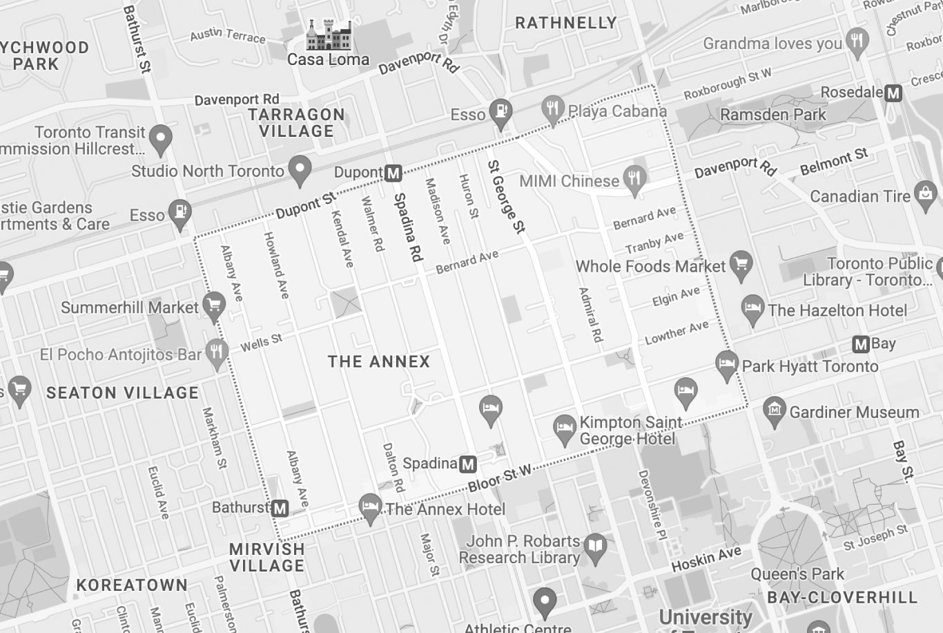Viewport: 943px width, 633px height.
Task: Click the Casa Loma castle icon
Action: pyautogui.click(x=329, y=35)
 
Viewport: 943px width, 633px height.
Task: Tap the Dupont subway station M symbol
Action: pyautogui.click(x=393, y=173)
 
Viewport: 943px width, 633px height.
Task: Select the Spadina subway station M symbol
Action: pyautogui.click(x=468, y=464)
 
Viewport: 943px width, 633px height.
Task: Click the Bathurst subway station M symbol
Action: pyautogui.click(x=280, y=509)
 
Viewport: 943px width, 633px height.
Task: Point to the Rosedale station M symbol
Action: pyautogui.click(x=893, y=93)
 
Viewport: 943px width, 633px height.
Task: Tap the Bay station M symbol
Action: pyautogui.click(x=860, y=344)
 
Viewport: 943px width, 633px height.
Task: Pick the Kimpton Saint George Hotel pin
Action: pyautogui.click(x=565, y=428)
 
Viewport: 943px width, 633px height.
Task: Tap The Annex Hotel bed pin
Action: pyautogui.click(x=371, y=508)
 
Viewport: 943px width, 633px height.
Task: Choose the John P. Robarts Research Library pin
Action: pyautogui.click(x=594, y=547)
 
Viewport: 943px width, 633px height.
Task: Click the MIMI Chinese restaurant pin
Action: pyautogui.click(x=634, y=179)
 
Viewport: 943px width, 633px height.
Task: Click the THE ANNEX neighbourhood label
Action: pyautogui.click(x=379, y=361)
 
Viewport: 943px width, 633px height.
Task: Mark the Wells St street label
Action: pyautogui.click(x=261, y=342)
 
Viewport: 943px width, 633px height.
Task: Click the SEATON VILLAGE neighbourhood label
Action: pyautogui.click(x=122, y=393)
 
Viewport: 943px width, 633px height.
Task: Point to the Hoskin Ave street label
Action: pyautogui.click(x=706, y=559)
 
